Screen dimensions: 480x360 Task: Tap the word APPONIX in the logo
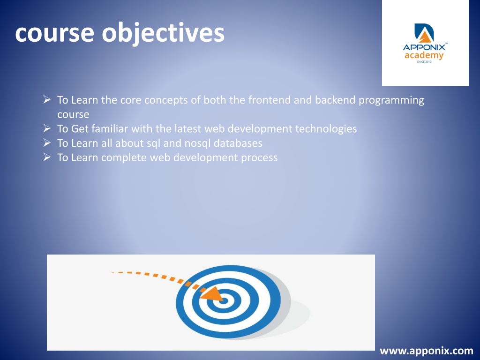[x=424, y=47]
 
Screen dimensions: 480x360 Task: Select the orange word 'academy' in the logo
[x=424, y=55]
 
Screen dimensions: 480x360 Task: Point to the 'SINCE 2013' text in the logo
[x=424, y=62]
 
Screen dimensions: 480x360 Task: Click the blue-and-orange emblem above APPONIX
[x=424, y=33]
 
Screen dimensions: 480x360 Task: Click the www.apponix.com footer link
[x=427, y=351]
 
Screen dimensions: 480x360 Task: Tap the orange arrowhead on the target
[x=213, y=294]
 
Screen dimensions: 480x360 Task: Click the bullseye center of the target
[x=224, y=301]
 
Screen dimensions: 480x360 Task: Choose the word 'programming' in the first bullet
[x=391, y=101]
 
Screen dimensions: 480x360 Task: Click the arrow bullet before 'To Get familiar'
[x=47, y=128]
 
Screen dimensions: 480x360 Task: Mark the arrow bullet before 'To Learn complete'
[x=47, y=157]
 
